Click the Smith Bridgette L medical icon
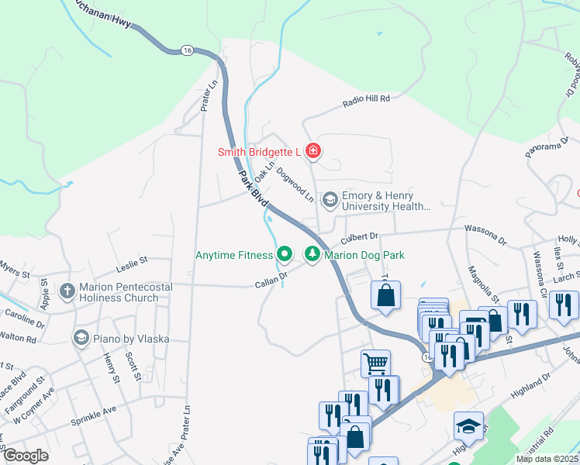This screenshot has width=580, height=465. click(x=313, y=150)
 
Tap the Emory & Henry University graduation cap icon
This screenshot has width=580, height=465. click(x=330, y=200)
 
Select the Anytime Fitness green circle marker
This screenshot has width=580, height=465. click(x=285, y=254)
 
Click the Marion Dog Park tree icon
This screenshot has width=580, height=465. click(x=312, y=254)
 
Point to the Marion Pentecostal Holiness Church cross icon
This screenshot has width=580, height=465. click(x=67, y=291)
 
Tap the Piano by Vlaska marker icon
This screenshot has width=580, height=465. click(x=81, y=338)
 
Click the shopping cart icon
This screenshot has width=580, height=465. click(x=375, y=362)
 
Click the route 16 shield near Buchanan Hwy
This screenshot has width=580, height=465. click(x=186, y=50)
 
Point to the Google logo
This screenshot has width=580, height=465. click(x=26, y=456)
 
